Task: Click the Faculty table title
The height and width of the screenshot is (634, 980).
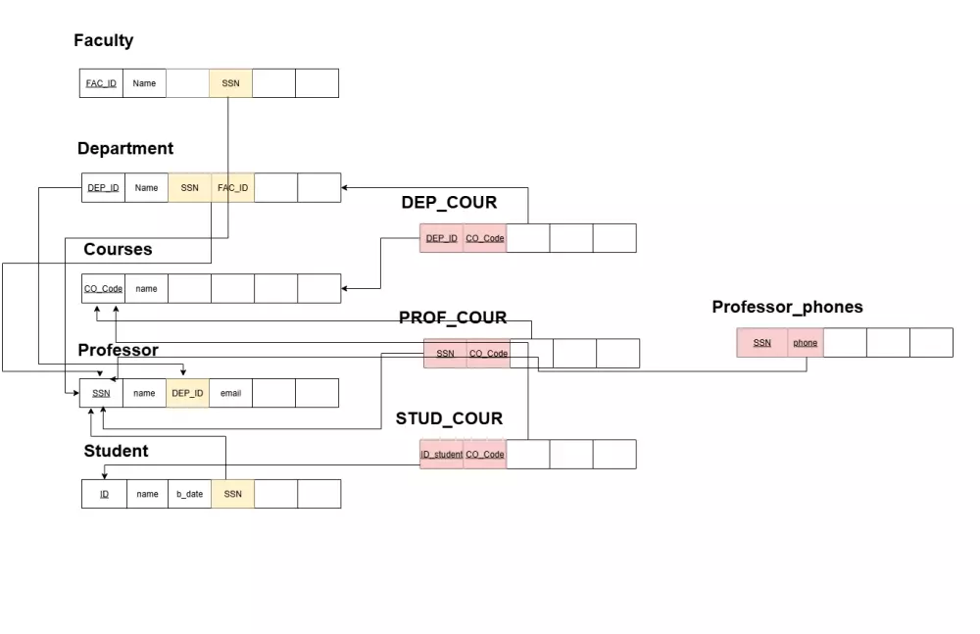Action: click(x=103, y=41)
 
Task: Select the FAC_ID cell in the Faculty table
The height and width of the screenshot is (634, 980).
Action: click(x=101, y=83)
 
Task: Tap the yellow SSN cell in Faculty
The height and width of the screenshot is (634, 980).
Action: click(x=230, y=83)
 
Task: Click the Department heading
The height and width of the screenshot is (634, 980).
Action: click(x=125, y=149)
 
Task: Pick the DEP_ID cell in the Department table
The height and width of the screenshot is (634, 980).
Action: click(x=103, y=188)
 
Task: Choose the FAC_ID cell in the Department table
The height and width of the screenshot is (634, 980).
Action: click(x=233, y=188)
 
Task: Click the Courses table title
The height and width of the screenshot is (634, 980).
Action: click(x=118, y=250)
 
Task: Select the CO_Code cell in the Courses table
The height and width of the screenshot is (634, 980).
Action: click(x=103, y=289)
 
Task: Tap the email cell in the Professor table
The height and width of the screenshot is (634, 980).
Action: click(x=230, y=393)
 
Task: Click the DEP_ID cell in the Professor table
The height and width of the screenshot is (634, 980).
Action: click(x=187, y=393)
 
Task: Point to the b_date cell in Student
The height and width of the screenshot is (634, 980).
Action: click(x=189, y=494)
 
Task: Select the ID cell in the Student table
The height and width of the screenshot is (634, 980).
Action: click(x=104, y=494)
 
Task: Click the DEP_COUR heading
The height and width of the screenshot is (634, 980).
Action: click(x=449, y=203)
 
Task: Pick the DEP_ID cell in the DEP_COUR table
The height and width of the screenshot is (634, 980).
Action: click(x=441, y=238)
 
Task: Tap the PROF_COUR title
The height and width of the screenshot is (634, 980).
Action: click(x=453, y=317)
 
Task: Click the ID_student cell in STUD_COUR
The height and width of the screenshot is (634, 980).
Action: click(x=441, y=455)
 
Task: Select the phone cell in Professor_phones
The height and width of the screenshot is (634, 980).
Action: click(x=806, y=343)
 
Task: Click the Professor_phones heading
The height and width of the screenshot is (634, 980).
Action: click(x=787, y=308)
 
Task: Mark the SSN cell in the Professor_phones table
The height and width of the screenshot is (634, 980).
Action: click(x=761, y=343)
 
